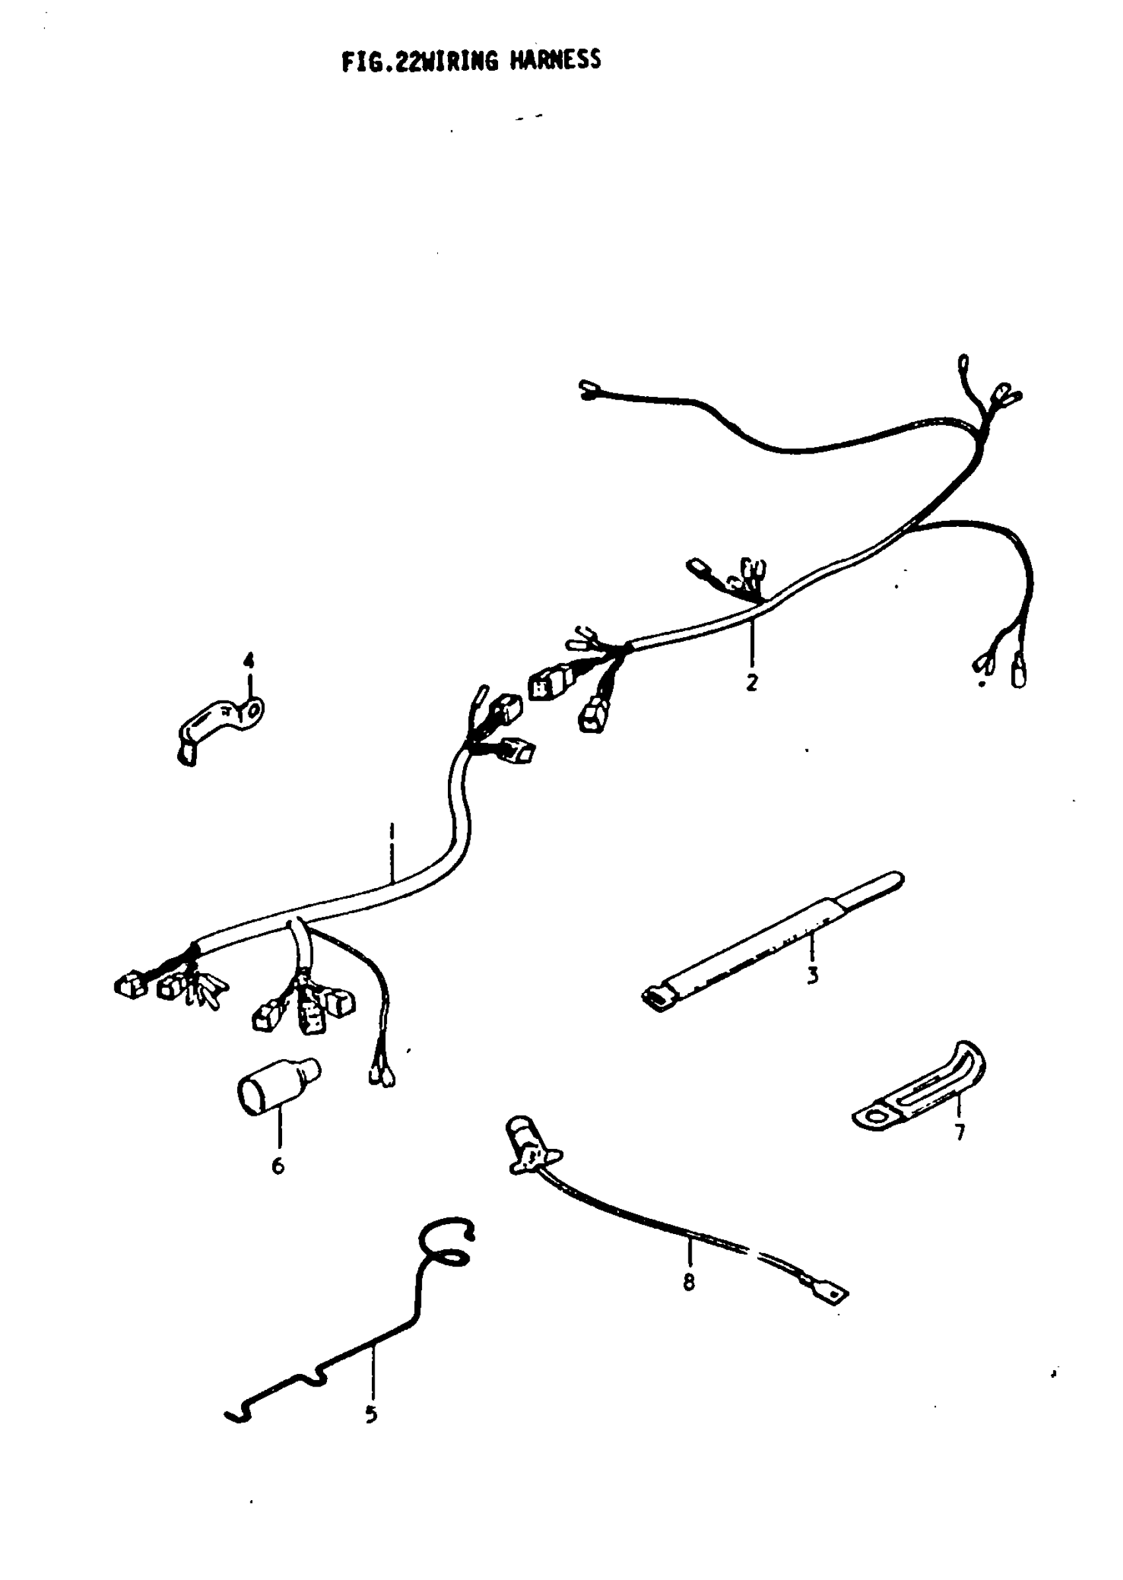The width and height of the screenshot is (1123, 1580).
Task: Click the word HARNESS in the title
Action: [x=556, y=61]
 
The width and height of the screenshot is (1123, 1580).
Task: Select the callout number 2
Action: [x=752, y=682]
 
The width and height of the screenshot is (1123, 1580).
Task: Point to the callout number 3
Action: [x=813, y=975]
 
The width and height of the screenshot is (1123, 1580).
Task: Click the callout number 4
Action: [x=248, y=660]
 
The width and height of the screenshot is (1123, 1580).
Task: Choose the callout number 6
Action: [x=277, y=1166]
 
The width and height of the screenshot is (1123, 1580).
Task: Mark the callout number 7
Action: [x=959, y=1133]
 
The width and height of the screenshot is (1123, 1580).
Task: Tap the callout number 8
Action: [x=689, y=1283]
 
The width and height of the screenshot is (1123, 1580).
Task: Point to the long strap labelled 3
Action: [x=768, y=940]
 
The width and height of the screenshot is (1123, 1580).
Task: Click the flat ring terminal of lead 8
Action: [x=833, y=1294]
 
